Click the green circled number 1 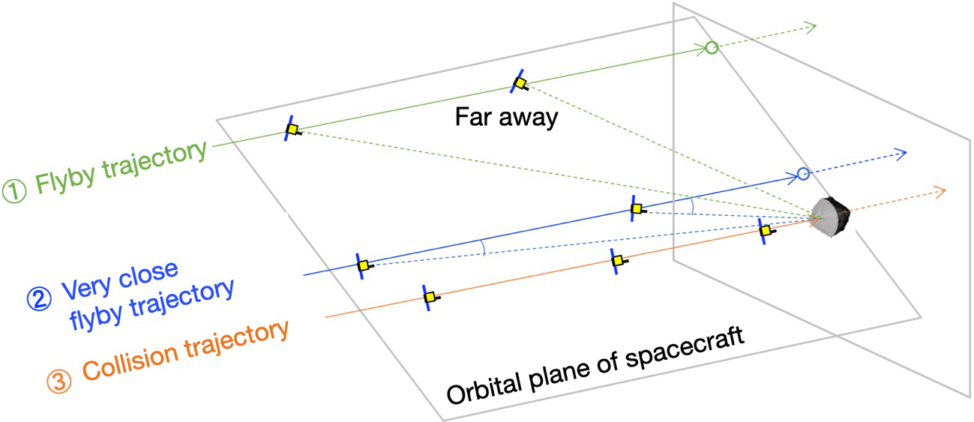tap(15, 192)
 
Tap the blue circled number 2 tap(39, 299)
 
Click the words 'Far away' tap(507, 118)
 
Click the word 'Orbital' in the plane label tap(484, 386)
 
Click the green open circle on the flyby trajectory tap(712, 47)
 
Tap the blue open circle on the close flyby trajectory tap(803, 175)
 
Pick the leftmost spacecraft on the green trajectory tap(292, 129)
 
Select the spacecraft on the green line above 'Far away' tap(519, 82)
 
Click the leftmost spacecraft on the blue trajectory tap(363, 265)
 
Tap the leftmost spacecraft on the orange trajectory tap(430, 298)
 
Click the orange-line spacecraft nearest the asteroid tap(766, 230)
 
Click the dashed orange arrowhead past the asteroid tap(940, 192)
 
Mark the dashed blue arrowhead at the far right tap(900, 154)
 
